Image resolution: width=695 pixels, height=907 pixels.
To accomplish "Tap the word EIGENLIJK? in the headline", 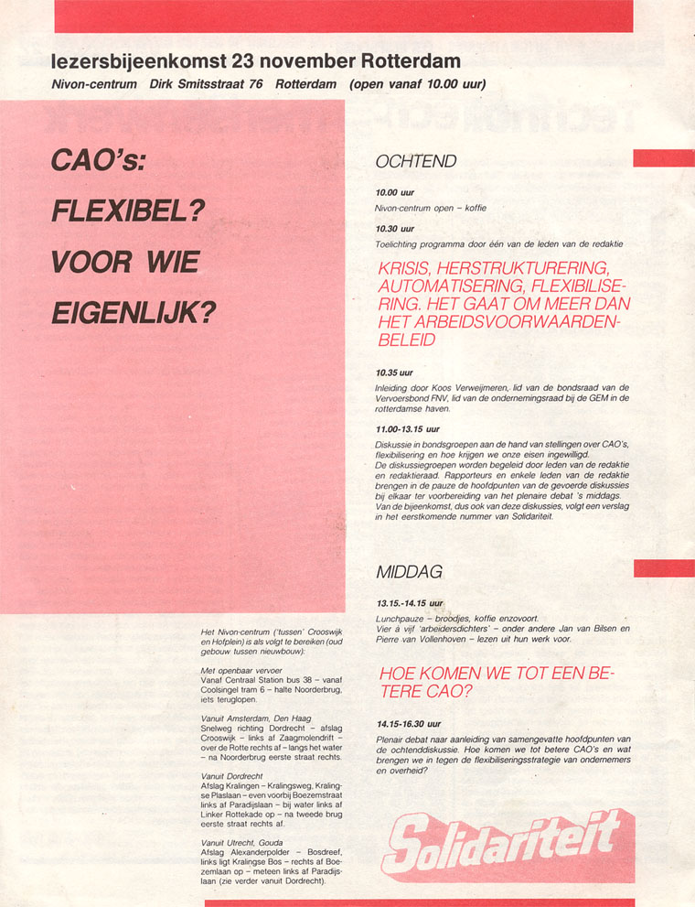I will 134,312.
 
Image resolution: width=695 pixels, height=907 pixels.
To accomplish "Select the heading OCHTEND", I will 416,162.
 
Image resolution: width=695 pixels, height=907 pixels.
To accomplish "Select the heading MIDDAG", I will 409,572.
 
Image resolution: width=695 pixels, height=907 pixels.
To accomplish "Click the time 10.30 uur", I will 394,228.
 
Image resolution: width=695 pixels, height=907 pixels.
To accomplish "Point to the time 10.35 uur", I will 394,373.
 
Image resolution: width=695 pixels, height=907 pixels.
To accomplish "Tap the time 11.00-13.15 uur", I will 407,428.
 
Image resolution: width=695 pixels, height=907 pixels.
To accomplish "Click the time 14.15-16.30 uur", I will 407,723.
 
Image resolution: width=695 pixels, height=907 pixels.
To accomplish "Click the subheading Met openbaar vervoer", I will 237,671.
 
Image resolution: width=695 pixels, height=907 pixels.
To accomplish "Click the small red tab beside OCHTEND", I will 664,158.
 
